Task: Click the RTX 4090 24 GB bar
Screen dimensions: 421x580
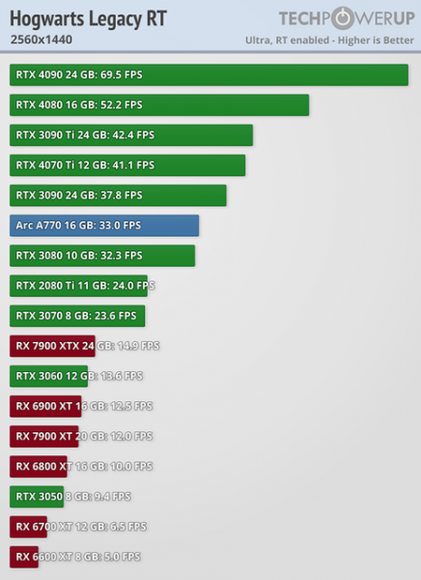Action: [209, 74]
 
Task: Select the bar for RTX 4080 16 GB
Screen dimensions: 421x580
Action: [159, 105]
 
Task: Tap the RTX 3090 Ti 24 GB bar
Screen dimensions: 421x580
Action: [131, 135]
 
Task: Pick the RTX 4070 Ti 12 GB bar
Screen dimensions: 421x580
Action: [127, 165]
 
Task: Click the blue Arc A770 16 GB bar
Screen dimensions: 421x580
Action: [104, 225]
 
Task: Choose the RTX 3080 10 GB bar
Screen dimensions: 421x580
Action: [102, 255]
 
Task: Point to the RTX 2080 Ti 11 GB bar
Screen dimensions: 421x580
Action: [78, 285]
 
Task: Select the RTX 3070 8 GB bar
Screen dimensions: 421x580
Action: [77, 316]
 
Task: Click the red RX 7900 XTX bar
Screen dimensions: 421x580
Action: [52, 346]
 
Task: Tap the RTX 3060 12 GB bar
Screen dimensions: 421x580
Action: [48, 376]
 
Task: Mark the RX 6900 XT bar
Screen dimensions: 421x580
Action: [45, 406]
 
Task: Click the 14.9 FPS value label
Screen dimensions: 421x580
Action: [138, 346]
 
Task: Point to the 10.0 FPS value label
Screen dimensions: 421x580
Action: [131, 467]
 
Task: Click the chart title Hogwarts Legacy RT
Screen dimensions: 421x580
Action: [88, 19]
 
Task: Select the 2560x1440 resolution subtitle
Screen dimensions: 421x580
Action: [42, 40]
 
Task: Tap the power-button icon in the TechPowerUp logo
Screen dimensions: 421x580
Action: [343, 18]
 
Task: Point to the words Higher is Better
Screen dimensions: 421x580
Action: [376, 41]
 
